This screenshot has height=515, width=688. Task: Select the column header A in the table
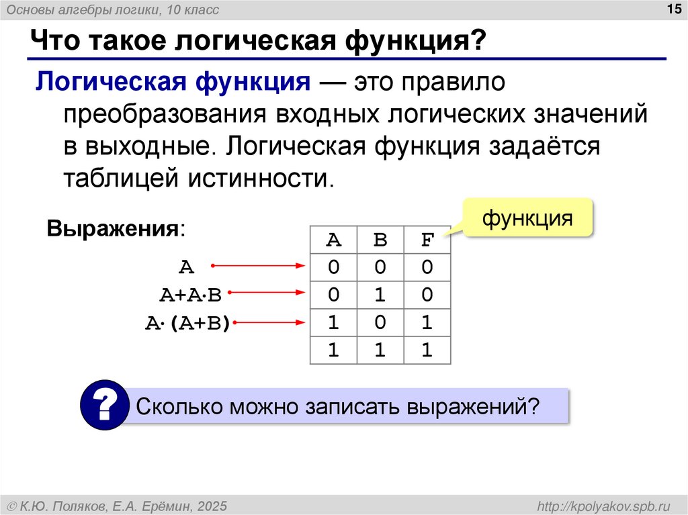tap(333, 240)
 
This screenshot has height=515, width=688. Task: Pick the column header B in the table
tap(380, 240)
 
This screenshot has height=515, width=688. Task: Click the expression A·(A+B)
tap(189, 323)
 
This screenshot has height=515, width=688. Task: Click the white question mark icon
tap(104, 405)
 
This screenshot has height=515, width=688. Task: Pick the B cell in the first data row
tap(380, 267)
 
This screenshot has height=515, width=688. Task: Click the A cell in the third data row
tap(333, 323)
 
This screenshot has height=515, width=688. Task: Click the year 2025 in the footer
tap(212, 505)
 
